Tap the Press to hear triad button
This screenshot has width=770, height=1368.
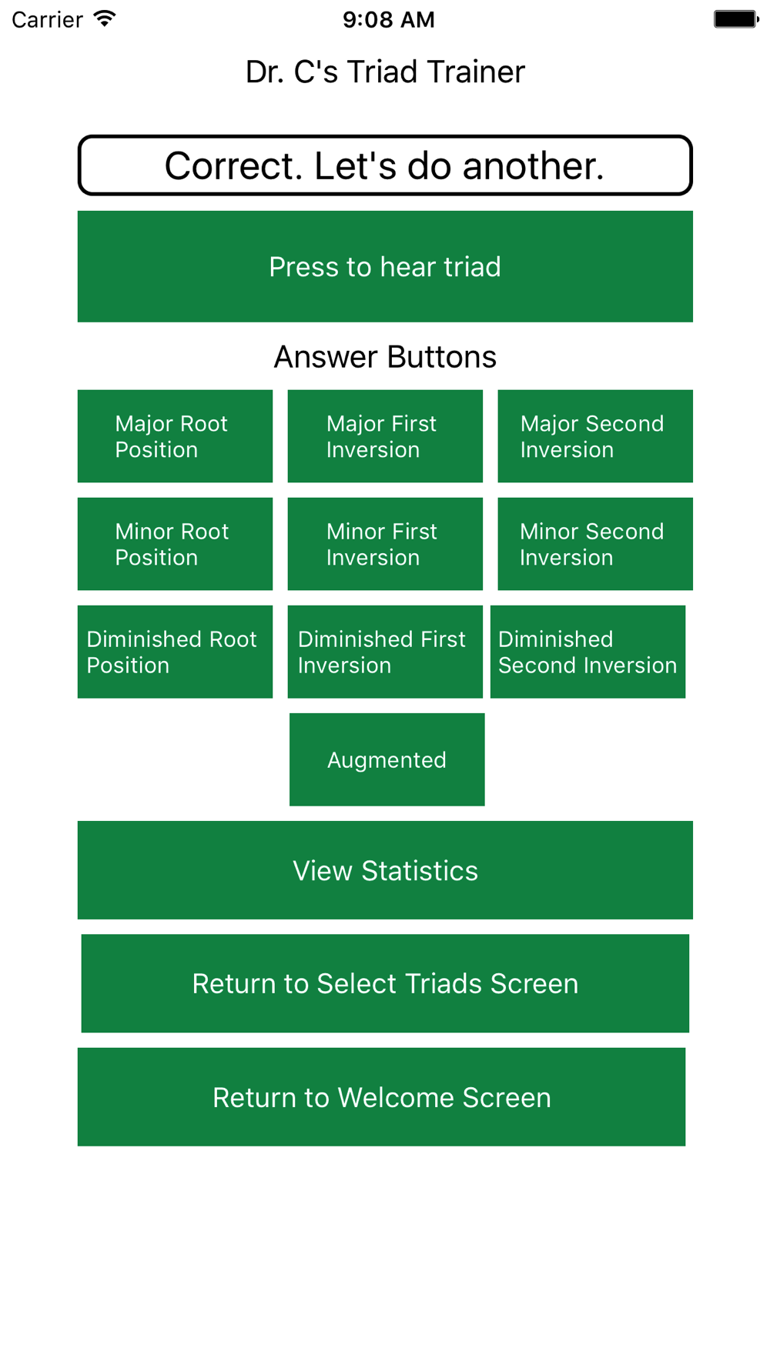pyautogui.click(x=385, y=266)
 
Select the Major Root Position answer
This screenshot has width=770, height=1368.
pyautogui.click(x=175, y=436)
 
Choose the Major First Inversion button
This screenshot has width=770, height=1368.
pyautogui.click(x=385, y=436)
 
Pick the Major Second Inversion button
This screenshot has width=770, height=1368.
pyautogui.click(x=595, y=436)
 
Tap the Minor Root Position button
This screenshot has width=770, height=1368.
pyautogui.click(x=175, y=544)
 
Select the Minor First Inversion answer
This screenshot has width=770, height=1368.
pyautogui.click(x=385, y=544)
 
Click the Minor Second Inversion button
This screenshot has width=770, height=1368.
pyautogui.click(x=595, y=544)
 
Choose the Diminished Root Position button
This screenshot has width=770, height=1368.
pyautogui.click(x=175, y=652)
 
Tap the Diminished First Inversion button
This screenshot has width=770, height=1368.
pyautogui.click(x=385, y=652)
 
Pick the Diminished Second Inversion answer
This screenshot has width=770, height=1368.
pyautogui.click(x=588, y=652)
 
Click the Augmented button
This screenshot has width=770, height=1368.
pyautogui.click(x=387, y=759)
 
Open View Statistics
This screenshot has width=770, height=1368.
pyautogui.click(x=385, y=870)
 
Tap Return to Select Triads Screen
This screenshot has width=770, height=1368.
pyautogui.click(x=385, y=983)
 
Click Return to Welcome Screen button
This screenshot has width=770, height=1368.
pyautogui.click(x=381, y=1097)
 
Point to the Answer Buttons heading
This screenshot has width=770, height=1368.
pyautogui.click(x=385, y=357)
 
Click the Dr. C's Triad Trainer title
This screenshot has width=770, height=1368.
pyautogui.click(x=385, y=72)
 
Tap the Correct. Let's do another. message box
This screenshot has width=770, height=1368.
pyautogui.click(x=385, y=165)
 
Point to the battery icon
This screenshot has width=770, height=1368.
pyautogui.click(x=736, y=19)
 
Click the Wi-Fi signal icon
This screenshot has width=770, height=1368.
pyautogui.click(x=105, y=18)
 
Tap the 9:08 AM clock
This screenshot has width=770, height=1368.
pyautogui.click(x=389, y=19)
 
